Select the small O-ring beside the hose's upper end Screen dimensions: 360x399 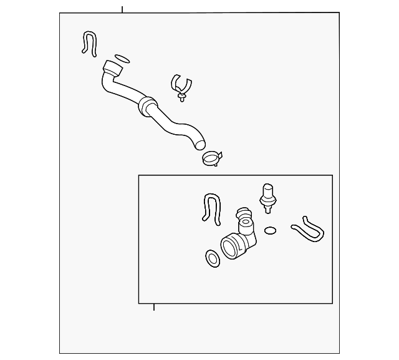pyautogui.click(x=123, y=60)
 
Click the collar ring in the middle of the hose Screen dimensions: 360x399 pyautogui.click(x=148, y=105)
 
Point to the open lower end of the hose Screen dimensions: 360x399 pyautogui.click(x=199, y=144)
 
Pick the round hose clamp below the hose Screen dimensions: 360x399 pyautogui.click(x=212, y=158)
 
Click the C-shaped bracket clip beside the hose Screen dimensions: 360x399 pyautogui.click(x=180, y=84)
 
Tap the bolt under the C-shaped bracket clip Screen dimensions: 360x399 pyautogui.click(x=181, y=97)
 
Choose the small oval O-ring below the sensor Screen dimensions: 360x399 pyautogui.click(x=270, y=230)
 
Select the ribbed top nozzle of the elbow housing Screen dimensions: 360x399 pyautogui.click(x=241, y=215)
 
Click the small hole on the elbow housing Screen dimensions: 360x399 pyautogui.click(x=246, y=222)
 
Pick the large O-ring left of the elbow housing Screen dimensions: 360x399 pyautogui.click(x=213, y=258)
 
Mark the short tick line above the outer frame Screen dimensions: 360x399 pyautogui.click(x=122, y=9)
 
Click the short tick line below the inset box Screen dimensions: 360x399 pyautogui.click(x=154, y=306)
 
